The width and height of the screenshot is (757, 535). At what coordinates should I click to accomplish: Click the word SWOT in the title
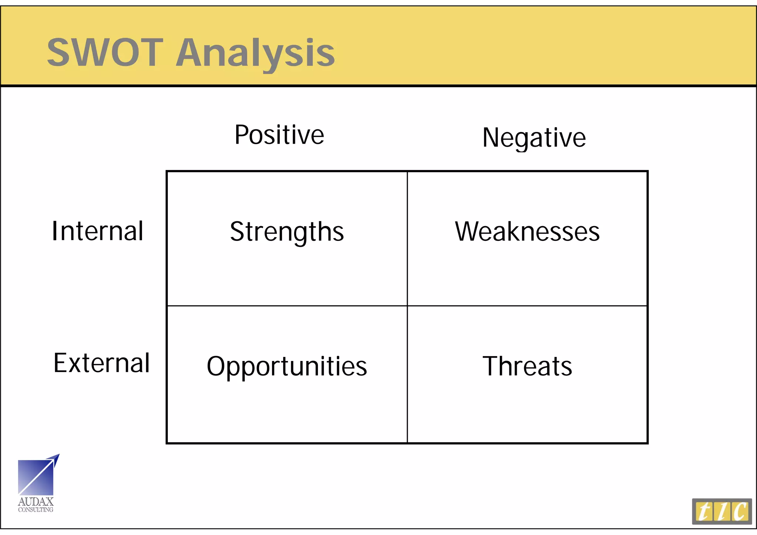click(x=105, y=52)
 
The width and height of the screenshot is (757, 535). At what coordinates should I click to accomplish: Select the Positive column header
click(x=279, y=135)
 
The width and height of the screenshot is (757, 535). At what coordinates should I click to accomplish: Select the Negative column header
click(x=534, y=137)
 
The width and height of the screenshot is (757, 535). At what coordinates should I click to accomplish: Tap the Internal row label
click(x=97, y=231)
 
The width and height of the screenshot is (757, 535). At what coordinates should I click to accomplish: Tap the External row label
click(x=102, y=363)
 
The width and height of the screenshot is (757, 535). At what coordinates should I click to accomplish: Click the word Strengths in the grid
click(x=287, y=232)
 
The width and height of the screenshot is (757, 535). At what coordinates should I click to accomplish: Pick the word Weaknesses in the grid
click(x=527, y=232)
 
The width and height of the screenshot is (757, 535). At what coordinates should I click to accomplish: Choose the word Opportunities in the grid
click(x=287, y=367)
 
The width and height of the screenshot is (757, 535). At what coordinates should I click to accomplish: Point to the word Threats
click(x=527, y=366)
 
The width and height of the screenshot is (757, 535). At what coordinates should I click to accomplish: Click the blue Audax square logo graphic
click(x=35, y=477)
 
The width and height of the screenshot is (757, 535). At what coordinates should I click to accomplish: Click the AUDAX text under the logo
click(x=35, y=502)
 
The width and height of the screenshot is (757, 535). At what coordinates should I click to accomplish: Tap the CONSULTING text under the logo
click(x=35, y=510)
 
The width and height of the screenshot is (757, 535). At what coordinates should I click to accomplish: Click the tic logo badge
click(x=722, y=511)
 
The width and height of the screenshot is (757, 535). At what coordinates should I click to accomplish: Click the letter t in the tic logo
click(x=704, y=512)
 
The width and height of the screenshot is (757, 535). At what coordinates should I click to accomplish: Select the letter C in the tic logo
click(x=740, y=512)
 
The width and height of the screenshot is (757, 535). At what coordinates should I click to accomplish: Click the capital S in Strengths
click(x=237, y=232)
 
